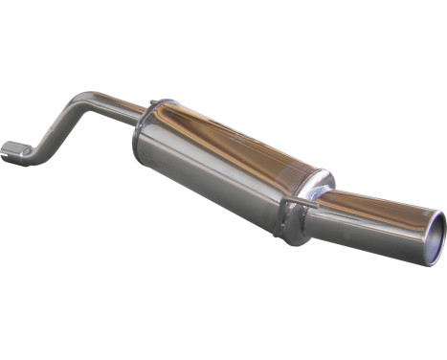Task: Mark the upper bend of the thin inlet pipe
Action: point(80,101)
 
